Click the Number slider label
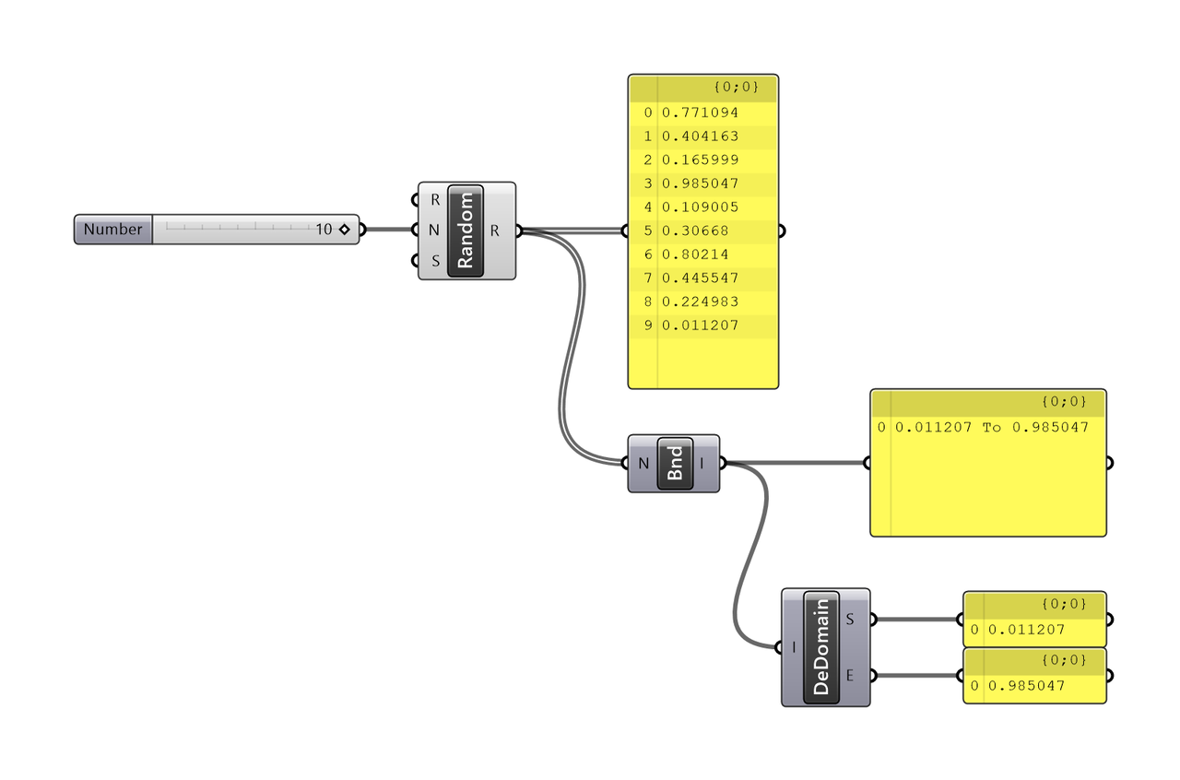pyautogui.click(x=113, y=230)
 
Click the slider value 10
pyautogui.click(x=324, y=230)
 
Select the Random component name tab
pyautogui.click(x=466, y=230)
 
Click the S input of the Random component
pyautogui.click(x=435, y=261)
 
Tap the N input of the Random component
pyautogui.click(x=434, y=230)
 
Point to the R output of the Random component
pyautogui.click(x=495, y=230)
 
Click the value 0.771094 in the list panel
pyautogui.click(x=700, y=112)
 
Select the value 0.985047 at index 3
pyautogui.click(x=700, y=183)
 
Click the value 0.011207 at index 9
pyautogui.click(x=700, y=325)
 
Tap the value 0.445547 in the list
pyautogui.click(x=700, y=278)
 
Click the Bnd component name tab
pyautogui.click(x=675, y=464)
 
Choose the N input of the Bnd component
pyautogui.click(x=643, y=464)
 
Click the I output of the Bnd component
pyautogui.click(x=703, y=464)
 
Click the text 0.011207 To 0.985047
pyautogui.click(x=992, y=428)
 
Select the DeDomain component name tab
pyautogui.click(x=821, y=647)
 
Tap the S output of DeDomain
pyautogui.click(x=850, y=620)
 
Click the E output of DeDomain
pyautogui.click(x=850, y=676)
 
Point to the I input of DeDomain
pyautogui.click(x=795, y=647)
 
